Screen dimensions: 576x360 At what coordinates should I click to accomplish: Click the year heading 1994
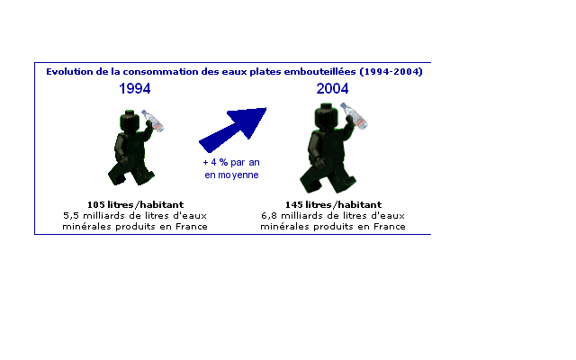[135, 88]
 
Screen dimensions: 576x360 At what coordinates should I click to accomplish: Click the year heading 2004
[332, 88]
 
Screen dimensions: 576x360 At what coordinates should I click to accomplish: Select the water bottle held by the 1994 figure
[153, 121]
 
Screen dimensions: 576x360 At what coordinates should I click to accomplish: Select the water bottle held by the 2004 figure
[354, 116]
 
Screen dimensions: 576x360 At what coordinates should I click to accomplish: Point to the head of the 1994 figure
[130, 121]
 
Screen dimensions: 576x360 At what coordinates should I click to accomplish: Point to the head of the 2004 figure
[326, 116]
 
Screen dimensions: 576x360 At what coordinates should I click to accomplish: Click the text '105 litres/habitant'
[135, 204]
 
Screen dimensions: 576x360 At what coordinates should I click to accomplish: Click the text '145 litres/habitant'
[333, 204]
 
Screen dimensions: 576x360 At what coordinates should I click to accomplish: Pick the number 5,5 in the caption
[71, 216]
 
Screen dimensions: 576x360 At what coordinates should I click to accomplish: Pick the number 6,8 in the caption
[269, 216]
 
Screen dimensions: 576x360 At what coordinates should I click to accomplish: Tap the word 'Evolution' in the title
[69, 72]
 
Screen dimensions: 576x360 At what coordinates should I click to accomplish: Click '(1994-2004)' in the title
[391, 72]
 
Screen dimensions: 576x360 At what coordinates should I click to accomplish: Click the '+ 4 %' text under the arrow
[215, 162]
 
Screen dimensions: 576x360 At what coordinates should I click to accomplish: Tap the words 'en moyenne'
[231, 175]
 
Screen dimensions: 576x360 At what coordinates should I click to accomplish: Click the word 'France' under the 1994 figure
[192, 226]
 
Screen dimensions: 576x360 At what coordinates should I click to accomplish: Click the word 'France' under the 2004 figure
[390, 226]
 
